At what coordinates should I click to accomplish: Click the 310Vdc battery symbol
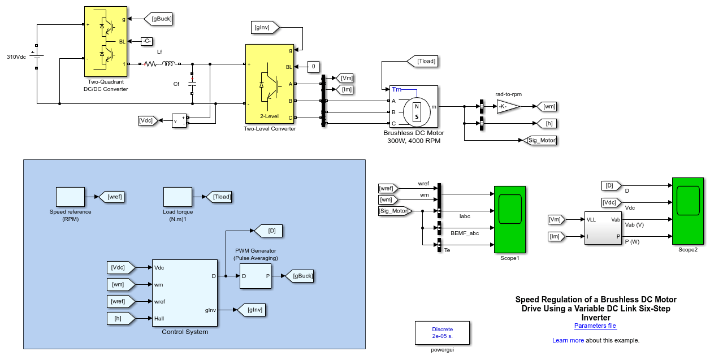tap(37, 57)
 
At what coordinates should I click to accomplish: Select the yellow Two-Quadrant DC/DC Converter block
tap(106, 41)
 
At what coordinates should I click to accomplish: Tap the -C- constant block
tap(147, 41)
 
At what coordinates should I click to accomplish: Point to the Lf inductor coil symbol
tap(168, 64)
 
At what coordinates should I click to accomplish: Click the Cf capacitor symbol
tap(192, 84)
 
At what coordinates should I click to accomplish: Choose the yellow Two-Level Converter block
tap(270, 84)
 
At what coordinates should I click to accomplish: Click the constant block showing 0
tap(313, 67)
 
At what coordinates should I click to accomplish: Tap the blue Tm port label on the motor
tap(396, 89)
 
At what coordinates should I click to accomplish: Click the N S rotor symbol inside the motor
tap(417, 111)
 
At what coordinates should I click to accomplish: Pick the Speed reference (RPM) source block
tap(70, 197)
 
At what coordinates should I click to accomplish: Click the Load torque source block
tap(178, 197)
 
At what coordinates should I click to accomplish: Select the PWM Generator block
tap(256, 276)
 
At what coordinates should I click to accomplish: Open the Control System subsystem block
tap(185, 293)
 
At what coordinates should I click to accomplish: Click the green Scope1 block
tap(510, 220)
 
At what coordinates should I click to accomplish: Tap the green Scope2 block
tap(688, 211)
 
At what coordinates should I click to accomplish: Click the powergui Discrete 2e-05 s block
tap(442, 333)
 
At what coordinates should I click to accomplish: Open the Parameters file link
tap(595, 326)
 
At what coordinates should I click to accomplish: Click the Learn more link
tap(568, 340)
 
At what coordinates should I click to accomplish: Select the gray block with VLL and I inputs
tap(603, 228)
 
